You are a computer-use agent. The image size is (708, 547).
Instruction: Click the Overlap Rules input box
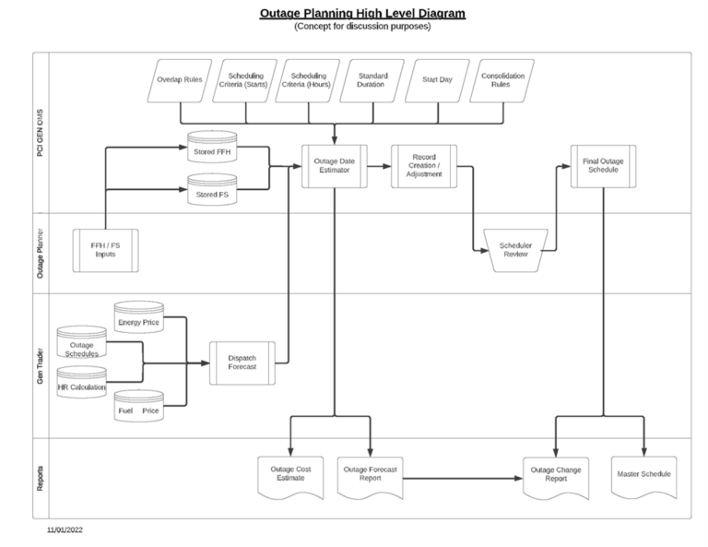pyautogui.click(x=181, y=80)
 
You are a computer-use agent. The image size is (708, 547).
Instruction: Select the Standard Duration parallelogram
pyautogui.click(x=373, y=80)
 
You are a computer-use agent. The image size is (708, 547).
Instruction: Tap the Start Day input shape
pyautogui.click(x=438, y=80)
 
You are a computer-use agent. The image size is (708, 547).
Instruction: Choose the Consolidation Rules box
pyautogui.click(x=501, y=80)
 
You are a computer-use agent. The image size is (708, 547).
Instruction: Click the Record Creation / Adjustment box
pyautogui.click(x=423, y=167)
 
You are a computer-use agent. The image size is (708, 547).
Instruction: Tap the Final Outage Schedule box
pyautogui.click(x=603, y=165)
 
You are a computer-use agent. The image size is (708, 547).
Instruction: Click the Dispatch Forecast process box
pyautogui.click(x=243, y=363)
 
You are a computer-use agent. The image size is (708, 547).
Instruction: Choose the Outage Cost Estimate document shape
pyautogui.click(x=290, y=476)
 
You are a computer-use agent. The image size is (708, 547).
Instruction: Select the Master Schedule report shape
pyautogui.click(x=643, y=474)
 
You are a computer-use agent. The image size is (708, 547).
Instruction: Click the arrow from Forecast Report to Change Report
pyautogui.click(x=461, y=479)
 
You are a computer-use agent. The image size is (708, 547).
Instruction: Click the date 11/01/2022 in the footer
pyautogui.click(x=65, y=530)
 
